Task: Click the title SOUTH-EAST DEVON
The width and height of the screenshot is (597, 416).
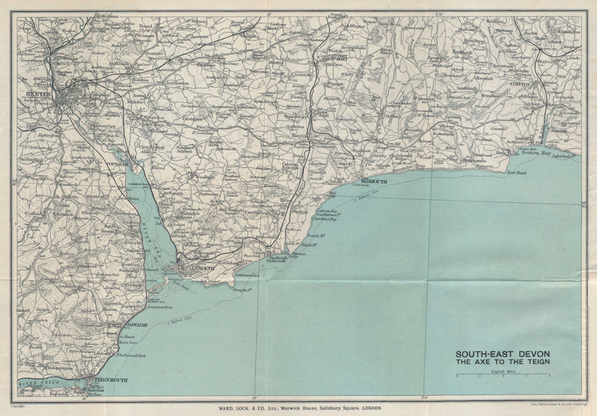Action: coord(503,353)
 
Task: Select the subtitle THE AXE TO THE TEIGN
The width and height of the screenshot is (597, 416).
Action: coord(503,362)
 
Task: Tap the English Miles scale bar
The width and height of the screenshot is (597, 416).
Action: coord(502,376)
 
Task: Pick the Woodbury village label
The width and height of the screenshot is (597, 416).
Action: coord(201,177)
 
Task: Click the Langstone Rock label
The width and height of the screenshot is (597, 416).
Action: coord(152,307)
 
